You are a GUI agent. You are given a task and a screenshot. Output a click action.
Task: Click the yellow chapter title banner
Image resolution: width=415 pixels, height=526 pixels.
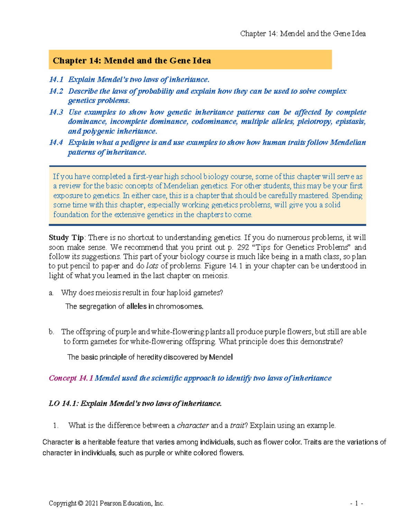pos(190,60)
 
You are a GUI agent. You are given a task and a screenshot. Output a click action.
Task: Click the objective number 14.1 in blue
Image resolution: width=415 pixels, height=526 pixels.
pos(56,79)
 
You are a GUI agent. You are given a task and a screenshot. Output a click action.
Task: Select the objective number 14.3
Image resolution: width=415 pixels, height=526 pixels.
pos(56,112)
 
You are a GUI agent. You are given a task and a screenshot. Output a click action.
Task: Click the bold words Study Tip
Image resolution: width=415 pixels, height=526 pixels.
pos(66,238)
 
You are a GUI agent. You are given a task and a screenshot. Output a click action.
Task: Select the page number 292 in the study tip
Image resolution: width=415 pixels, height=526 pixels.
pos(243,247)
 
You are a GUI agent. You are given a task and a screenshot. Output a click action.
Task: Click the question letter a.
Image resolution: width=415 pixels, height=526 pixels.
pos(51,293)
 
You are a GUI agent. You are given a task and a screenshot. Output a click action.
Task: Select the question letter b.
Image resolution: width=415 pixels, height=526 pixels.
pos(52,332)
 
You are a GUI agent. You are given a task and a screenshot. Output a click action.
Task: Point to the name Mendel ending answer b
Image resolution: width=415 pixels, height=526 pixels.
pos(221,357)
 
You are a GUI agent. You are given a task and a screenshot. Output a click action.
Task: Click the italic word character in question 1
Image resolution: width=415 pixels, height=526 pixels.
pos(193,425)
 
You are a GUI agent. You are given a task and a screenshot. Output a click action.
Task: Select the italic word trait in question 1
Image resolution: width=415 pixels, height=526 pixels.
pos(237,425)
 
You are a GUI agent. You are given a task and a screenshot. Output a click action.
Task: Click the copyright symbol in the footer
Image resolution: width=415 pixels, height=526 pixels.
pos(81,504)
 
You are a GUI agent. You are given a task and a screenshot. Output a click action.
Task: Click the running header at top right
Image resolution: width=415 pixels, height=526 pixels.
pos(303,34)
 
